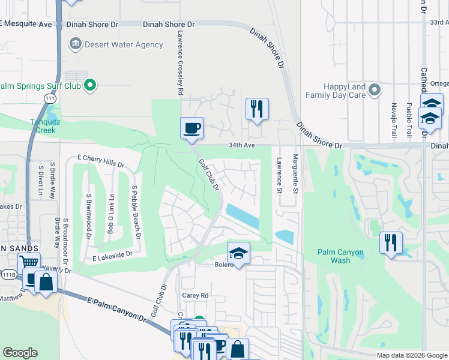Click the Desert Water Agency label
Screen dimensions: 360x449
coord(124,44)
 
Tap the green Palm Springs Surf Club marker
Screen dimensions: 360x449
coord(90,86)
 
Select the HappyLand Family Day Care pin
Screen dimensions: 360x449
coord(375,91)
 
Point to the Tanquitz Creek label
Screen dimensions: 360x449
coord(35,125)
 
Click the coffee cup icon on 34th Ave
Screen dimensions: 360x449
coord(191,128)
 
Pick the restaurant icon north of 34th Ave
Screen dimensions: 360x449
coord(257,109)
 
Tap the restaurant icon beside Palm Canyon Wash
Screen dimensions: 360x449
coord(391,242)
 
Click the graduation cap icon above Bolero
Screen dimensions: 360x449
coord(238,253)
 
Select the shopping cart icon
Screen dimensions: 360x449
coord(28,262)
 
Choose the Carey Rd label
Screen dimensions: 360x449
coord(195,295)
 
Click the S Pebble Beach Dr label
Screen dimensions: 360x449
coord(137,212)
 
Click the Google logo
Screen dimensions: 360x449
coord(20,353)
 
